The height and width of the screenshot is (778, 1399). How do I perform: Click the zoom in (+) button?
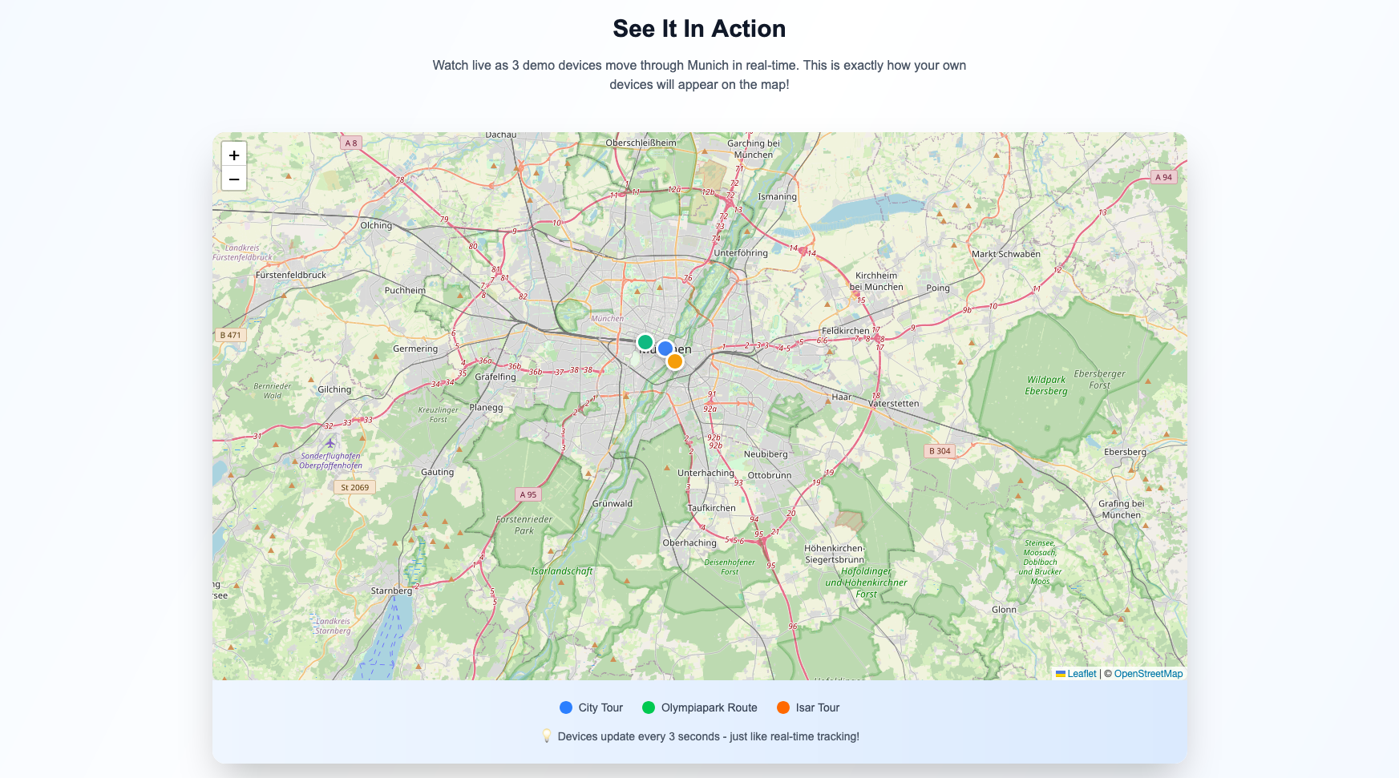[234, 155]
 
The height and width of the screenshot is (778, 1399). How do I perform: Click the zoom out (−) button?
[234, 179]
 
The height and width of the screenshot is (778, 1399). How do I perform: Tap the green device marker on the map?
[645, 342]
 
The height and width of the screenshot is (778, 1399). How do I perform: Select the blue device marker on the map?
[665, 349]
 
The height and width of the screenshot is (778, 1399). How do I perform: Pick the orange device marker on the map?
[675, 361]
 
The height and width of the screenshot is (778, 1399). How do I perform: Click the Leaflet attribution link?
[1081, 674]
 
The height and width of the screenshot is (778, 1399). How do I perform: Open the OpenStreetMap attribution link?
[1148, 674]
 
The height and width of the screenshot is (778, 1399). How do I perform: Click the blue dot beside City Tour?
[566, 707]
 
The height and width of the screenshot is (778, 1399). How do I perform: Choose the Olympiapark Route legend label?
[709, 707]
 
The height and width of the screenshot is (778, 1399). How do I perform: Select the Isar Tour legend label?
[817, 707]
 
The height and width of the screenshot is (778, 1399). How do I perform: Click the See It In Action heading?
[699, 29]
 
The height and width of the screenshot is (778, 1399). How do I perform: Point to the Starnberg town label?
[391, 591]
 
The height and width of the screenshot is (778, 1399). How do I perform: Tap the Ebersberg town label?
[1125, 452]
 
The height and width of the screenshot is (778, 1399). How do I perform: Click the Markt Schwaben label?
[1005, 254]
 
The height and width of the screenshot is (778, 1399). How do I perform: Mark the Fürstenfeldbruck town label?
[291, 275]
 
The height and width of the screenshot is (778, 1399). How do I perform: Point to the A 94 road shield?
[1163, 177]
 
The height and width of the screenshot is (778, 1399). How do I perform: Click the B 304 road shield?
[940, 451]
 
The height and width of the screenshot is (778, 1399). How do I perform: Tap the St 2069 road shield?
[354, 487]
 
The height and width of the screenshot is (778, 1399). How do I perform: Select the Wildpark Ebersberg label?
[1046, 385]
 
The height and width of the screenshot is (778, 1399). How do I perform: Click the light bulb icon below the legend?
[547, 736]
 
